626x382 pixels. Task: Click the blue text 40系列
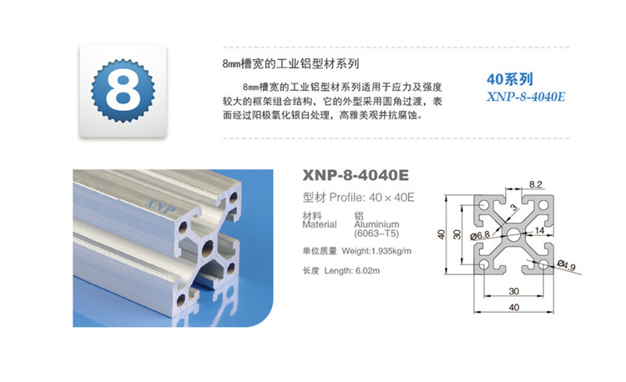pos(508,79)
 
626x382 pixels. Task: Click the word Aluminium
pos(376,224)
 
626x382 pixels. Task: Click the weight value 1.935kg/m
pos(393,251)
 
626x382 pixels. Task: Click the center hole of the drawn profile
pos(513,234)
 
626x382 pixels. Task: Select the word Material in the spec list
pos(317,224)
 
